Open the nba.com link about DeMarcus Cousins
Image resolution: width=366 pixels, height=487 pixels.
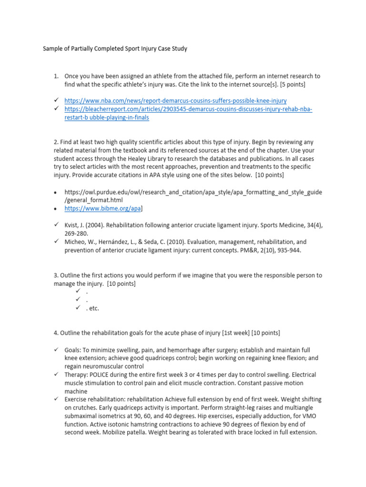click(x=175, y=101)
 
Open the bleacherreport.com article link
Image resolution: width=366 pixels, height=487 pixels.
click(x=188, y=109)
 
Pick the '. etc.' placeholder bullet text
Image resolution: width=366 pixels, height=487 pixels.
click(x=92, y=308)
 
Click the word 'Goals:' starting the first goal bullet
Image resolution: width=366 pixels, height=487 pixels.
click(x=74, y=350)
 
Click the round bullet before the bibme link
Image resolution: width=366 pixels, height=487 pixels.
click(x=56, y=208)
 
